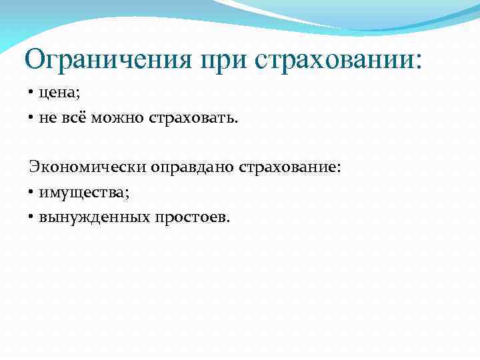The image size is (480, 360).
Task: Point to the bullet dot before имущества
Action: click(31, 193)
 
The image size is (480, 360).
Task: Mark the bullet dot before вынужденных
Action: click(31, 217)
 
